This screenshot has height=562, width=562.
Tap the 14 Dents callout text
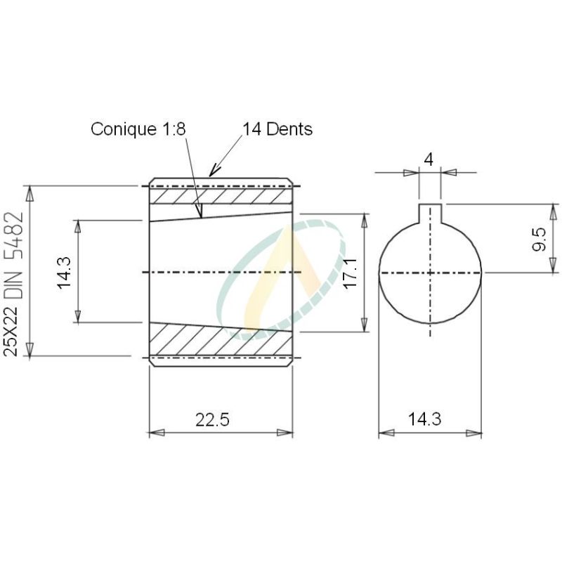click(x=277, y=129)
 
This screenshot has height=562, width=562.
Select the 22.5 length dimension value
click(x=212, y=419)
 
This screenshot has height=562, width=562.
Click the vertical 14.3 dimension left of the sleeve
click(x=65, y=272)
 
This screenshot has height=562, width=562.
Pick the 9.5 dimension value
click(x=540, y=239)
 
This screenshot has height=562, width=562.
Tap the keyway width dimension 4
click(x=429, y=159)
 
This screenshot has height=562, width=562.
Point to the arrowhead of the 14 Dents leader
click(x=211, y=173)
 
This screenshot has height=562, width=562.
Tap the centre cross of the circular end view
click(x=430, y=273)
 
